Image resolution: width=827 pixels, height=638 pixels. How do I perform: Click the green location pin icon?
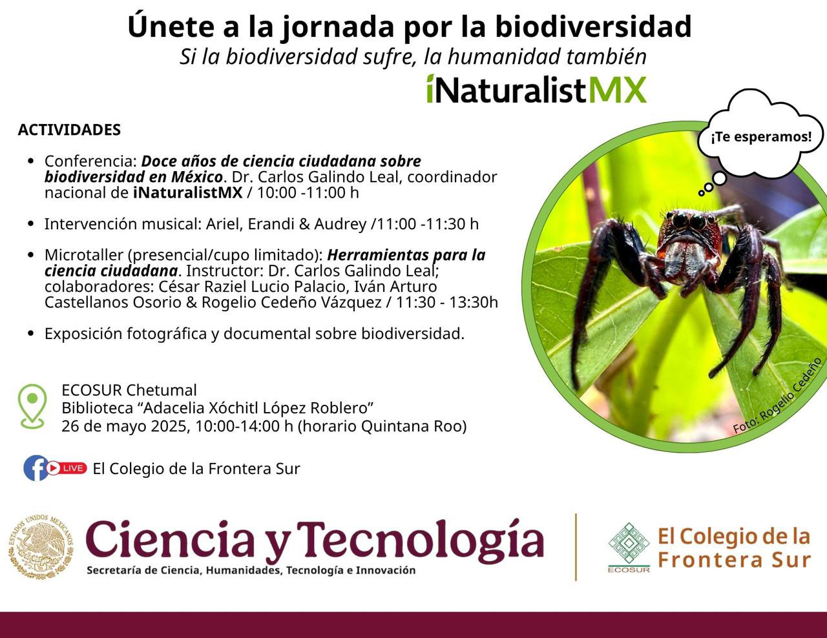(32, 406)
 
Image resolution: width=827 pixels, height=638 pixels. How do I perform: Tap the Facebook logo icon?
(36, 468)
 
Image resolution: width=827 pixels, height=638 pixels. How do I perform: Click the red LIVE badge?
(67, 468)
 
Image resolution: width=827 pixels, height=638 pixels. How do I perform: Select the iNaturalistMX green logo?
(536, 89)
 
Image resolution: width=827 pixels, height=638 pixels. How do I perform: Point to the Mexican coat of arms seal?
(41, 547)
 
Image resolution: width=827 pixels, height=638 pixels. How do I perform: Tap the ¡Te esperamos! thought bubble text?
(761, 136)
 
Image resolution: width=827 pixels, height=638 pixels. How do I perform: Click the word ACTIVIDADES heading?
(69, 130)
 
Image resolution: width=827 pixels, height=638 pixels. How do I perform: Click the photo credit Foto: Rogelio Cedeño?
(777, 395)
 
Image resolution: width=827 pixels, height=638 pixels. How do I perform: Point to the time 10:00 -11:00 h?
(308, 192)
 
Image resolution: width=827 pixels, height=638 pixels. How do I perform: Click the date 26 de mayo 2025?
(125, 426)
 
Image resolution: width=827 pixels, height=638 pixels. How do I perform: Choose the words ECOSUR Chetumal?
(129, 390)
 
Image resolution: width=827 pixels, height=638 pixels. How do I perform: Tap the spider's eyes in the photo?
(689, 221)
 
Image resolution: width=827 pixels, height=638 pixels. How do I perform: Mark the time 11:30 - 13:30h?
(447, 302)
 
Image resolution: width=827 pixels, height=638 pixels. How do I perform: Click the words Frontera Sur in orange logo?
(735, 560)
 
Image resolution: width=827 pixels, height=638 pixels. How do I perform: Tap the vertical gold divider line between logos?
(576, 547)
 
